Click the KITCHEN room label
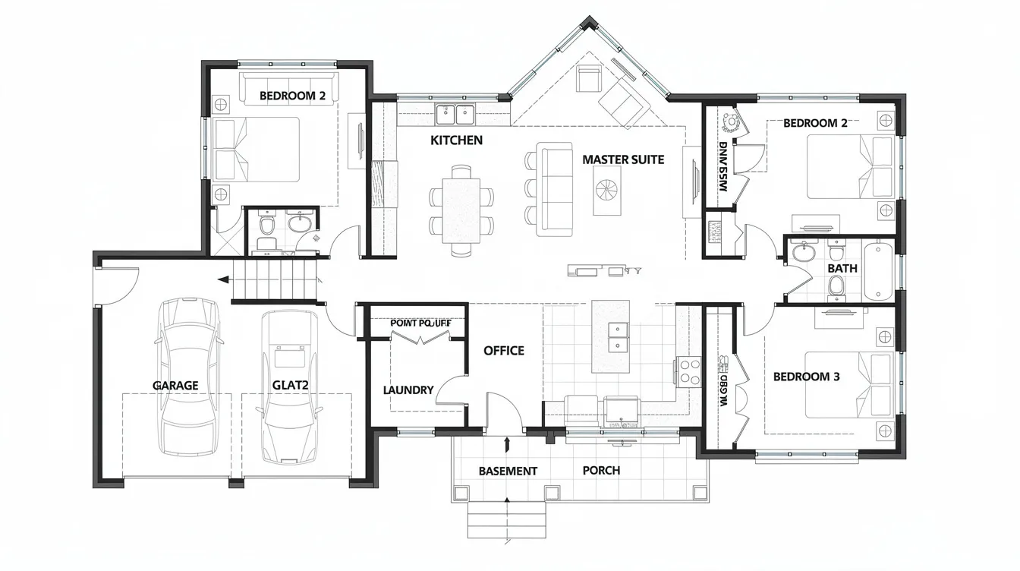(x=456, y=140)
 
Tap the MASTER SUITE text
(x=623, y=159)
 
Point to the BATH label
(x=842, y=268)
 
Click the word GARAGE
(x=175, y=386)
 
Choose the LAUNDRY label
(x=408, y=390)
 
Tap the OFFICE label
(x=504, y=351)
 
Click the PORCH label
(x=601, y=471)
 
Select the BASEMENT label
(x=508, y=472)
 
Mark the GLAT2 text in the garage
(x=290, y=385)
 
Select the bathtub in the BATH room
(x=880, y=270)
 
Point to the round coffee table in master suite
(x=607, y=190)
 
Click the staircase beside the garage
(x=273, y=279)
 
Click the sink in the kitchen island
(x=619, y=337)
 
